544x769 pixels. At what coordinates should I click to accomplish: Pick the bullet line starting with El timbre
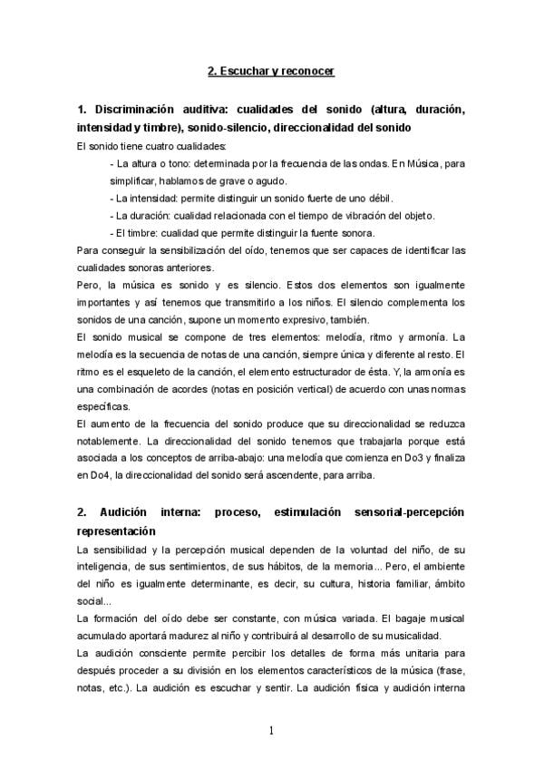[240, 232]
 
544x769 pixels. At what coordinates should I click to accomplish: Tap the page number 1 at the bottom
[271, 729]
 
